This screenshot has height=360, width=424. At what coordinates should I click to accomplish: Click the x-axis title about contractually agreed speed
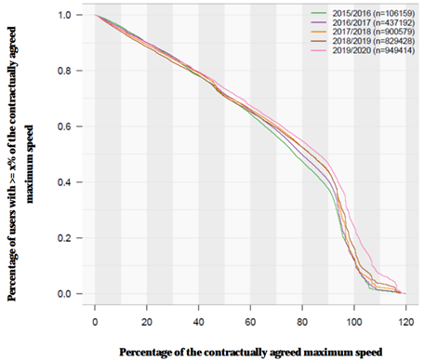[x=249, y=352]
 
